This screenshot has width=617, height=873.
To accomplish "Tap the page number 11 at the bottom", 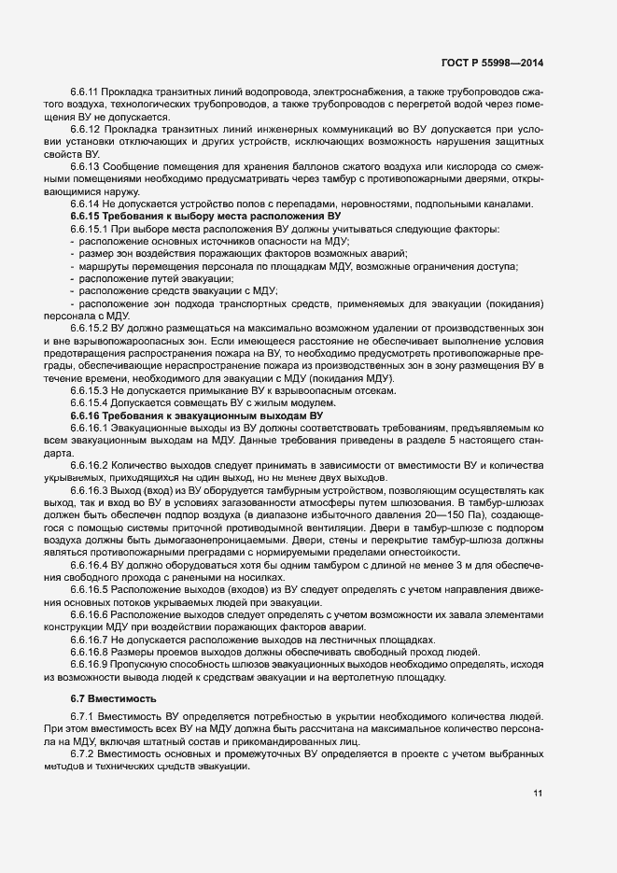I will click(538, 794).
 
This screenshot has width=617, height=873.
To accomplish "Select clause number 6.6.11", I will click(86, 93).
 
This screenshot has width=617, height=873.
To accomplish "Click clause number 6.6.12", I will click(86, 127).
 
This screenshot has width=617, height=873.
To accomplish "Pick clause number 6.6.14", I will click(86, 204).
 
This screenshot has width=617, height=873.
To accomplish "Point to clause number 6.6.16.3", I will click(90, 489).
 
